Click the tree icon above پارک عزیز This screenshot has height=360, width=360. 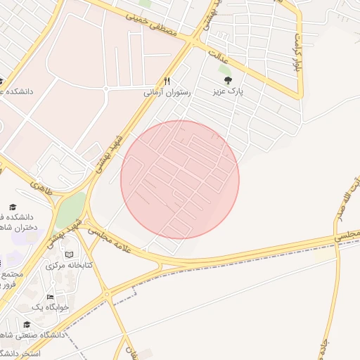[227, 81]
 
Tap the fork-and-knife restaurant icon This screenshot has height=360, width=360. [167, 81]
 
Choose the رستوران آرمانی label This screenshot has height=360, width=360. [167, 92]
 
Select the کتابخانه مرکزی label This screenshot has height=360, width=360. [65, 266]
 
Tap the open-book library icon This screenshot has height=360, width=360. [69, 255]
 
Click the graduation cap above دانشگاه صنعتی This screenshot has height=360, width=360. [27, 324]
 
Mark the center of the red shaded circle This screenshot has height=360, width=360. [180, 179]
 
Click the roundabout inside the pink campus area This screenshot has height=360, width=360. [105, 89]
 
